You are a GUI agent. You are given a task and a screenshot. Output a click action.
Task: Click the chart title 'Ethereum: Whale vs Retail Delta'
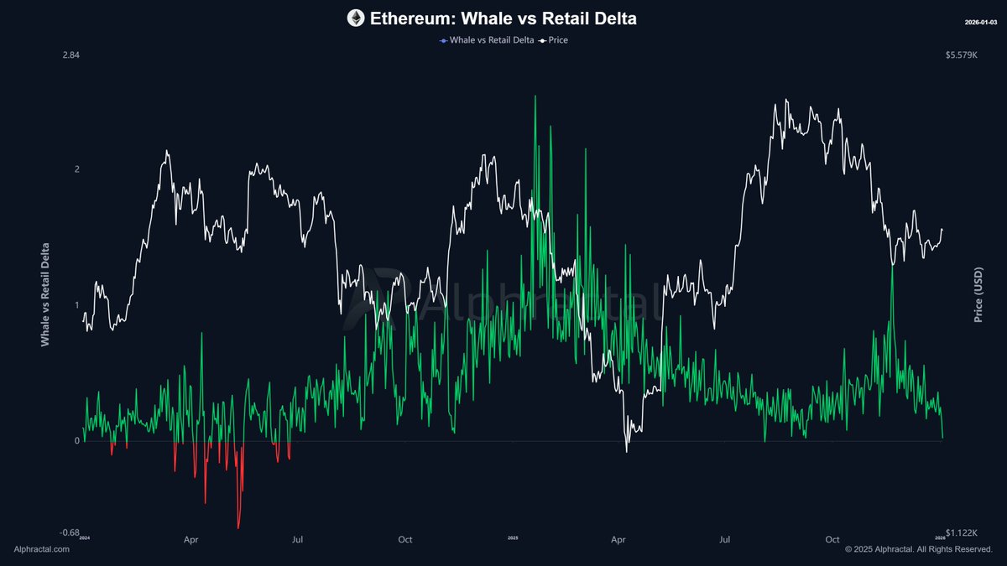[x=503, y=18]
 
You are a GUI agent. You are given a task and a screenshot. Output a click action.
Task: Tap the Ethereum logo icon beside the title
[x=356, y=18]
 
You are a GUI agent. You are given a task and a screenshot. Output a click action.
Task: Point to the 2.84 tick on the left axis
[x=70, y=55]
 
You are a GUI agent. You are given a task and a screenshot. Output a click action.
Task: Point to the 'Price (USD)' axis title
[x=978, y=294]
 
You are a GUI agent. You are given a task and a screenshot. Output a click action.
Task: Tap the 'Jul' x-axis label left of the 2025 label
[x=297, y=541]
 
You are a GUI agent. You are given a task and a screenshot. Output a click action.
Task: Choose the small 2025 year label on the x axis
[x=513, y=537]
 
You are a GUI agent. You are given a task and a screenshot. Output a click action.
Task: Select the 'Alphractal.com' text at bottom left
[x=42, y=549]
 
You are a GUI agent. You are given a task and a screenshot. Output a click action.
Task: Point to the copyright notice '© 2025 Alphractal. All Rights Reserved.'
[x=918, y=549]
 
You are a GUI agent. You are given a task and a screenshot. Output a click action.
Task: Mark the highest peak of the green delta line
[x=535, y=96]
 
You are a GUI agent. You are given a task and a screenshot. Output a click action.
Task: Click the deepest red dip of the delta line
[x=238, y=527]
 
